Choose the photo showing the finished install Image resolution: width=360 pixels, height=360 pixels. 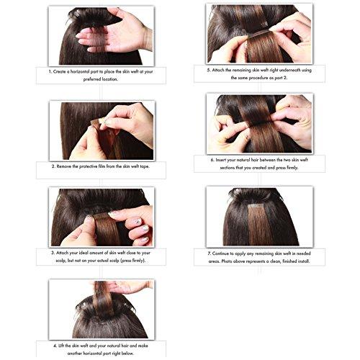(259, 216)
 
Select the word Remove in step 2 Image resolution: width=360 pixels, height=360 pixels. (68, 166)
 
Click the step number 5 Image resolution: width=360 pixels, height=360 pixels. (208, 70)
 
